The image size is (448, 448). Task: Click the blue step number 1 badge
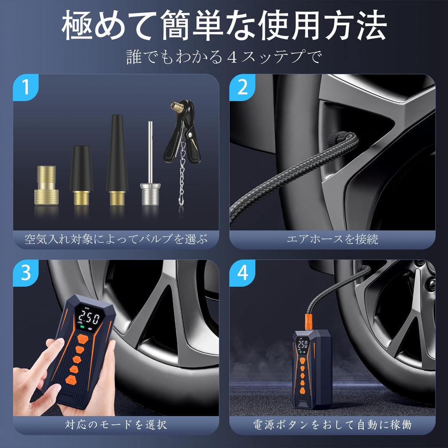point(26,87)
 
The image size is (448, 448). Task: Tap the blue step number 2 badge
point(242,87)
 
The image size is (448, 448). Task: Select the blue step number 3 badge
point(26,273)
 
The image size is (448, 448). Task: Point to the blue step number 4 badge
point(242,273)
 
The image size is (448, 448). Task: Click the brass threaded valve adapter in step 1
point(46,185)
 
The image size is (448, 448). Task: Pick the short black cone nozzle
point(81,175)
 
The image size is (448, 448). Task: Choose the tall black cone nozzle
point(117,160)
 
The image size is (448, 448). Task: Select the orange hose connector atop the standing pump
point(309,322)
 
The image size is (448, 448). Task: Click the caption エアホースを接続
point(332,239)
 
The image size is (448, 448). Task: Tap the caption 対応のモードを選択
point(115,424)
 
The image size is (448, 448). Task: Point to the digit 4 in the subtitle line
point(233,56)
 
